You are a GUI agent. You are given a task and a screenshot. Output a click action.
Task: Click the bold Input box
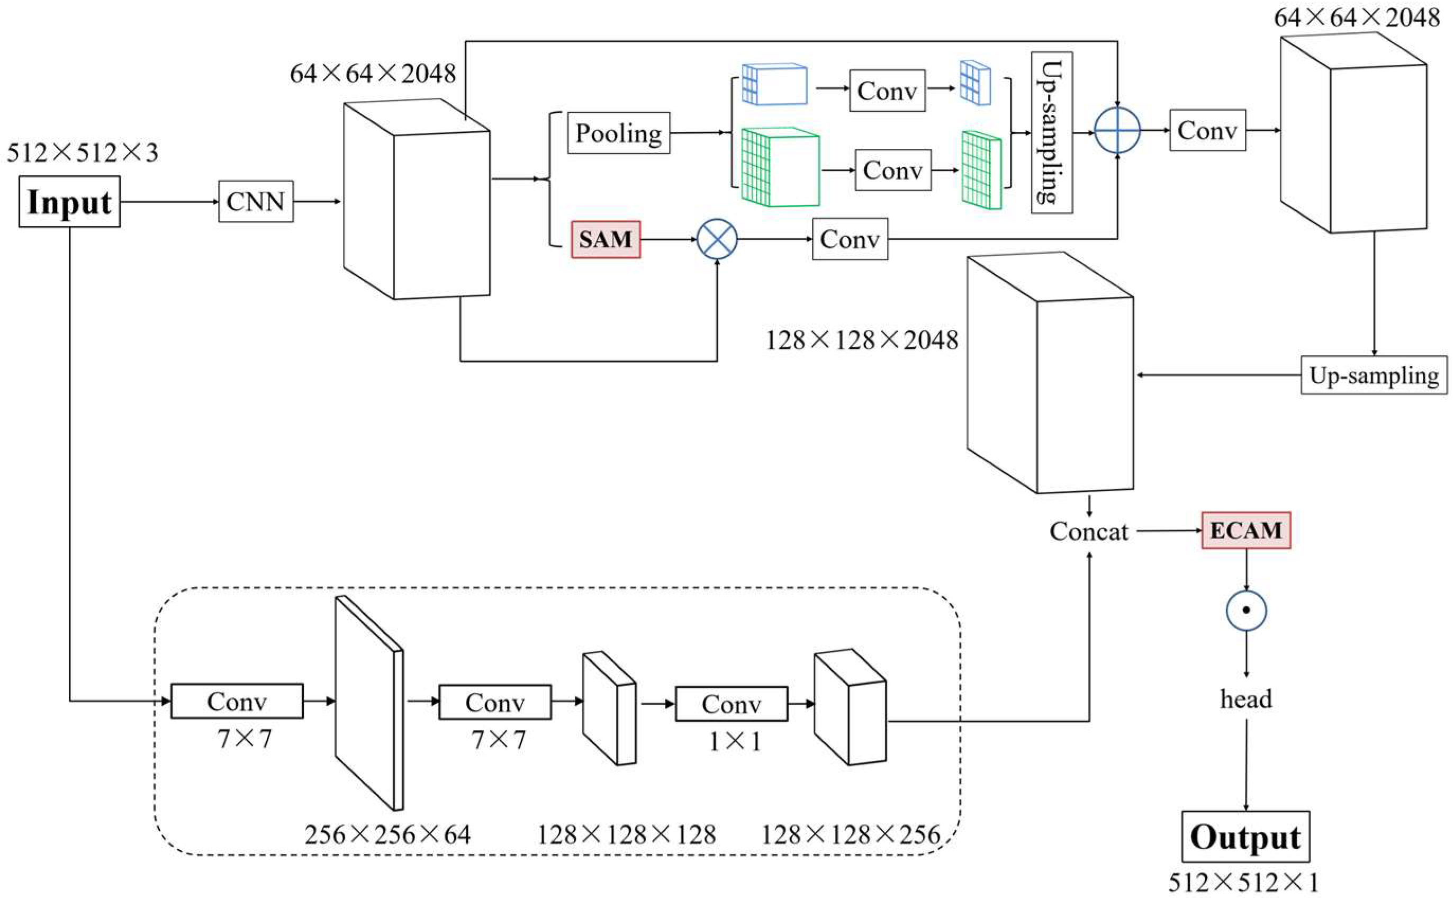(69, 201)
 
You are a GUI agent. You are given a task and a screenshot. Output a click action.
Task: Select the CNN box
(256, 201)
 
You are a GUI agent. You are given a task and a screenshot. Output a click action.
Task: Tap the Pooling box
(619, 133)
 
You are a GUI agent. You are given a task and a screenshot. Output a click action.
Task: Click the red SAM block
(606, 239)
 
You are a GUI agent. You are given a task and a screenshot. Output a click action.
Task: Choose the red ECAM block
(1245, 531)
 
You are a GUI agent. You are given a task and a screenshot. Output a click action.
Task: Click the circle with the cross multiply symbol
(717, 239)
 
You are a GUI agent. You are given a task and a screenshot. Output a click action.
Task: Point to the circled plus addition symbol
(1117, 130)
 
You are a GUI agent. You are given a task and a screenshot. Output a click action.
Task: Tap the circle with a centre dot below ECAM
(1246, 610)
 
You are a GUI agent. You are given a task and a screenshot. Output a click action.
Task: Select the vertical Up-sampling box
(1051, 132)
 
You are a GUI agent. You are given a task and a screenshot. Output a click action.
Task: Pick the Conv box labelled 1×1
(731, 704)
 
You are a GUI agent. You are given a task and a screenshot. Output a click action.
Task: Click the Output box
(1245, 837)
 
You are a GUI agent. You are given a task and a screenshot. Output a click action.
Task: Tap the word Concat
(1088, 532)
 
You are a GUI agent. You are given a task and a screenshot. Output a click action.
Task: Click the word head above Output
(1246, 699)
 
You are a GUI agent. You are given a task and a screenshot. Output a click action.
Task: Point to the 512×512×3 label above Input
(83, 153)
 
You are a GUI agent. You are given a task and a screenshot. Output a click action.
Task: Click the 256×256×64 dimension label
(387, 835)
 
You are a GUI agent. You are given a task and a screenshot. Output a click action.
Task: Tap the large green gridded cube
(780, 167)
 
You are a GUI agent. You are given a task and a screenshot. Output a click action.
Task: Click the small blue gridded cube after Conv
(976, 83)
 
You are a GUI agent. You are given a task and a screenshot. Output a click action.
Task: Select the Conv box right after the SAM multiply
(850, 239)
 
